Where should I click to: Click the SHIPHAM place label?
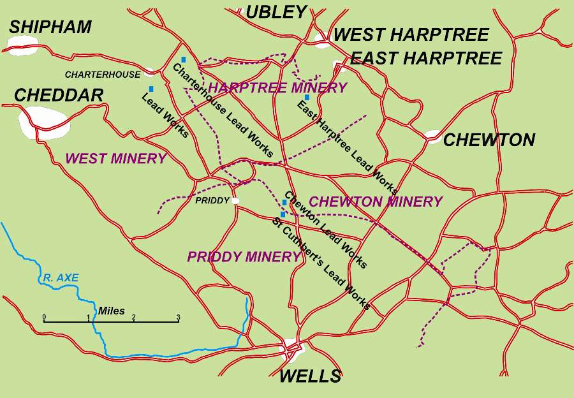tap(50, 27)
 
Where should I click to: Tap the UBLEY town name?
tap(276, 11)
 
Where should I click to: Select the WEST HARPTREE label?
tap(411, 34)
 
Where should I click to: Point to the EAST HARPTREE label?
tap(426, 59)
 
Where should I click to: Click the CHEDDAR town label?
tap(59, 96)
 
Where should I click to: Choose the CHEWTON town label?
tap(489, 140)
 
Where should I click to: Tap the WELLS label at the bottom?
tap(310, 376)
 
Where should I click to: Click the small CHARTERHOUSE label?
tap(102, 75)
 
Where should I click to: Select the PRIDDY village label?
tap(212, 200)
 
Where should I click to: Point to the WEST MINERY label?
tap(115, 158)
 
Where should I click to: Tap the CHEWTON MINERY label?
tap(375, 202)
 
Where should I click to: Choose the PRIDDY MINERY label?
tap(243, 257)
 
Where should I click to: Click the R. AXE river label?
tap(61, 278)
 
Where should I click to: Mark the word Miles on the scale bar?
tap(111, 311)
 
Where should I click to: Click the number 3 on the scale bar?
tap(178, 317)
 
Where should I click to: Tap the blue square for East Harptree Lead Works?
tap(307, 98)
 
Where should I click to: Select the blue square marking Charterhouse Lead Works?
tap(183, 59)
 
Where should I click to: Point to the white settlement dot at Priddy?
tap(235, 200)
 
